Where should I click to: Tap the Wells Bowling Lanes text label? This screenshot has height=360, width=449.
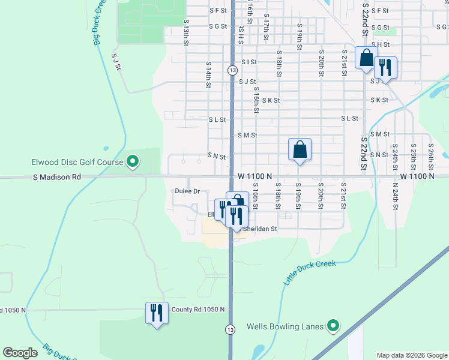click(x=285, y=327)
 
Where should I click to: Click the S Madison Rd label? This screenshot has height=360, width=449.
click(x=57, y=177)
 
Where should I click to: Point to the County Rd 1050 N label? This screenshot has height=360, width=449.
click(x=197, y=310)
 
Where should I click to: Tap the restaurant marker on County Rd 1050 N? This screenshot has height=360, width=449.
click(x=156, y=313)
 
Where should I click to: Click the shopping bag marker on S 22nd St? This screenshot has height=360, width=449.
click(x=366, y=59)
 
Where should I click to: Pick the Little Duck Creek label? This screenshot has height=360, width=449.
click(x=309, y=272)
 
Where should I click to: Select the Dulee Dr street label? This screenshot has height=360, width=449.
click(x=187, y=191)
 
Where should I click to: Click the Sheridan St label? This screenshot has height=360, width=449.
click(x=259, y=229)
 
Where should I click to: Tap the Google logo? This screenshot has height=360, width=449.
click(x=20, y=353)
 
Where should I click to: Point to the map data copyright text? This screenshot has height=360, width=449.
click(x=411, y=355)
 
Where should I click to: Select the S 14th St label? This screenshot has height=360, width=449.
click(x=208, y=74)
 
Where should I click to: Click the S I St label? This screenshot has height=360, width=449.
click(x=249, y=62)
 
